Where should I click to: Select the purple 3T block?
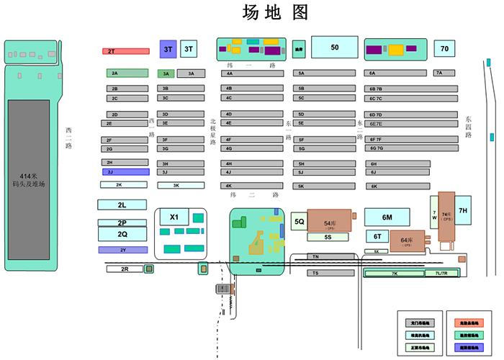[168, 49]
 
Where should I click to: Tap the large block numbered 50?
[334, 48]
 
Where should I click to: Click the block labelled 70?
[444, 49]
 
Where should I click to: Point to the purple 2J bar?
[125, 172]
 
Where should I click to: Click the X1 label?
[174, 217]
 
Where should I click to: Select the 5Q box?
[300, 222]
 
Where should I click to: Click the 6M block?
[387, 217]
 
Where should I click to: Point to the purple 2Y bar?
[122, 250]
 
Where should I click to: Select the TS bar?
[333, 273]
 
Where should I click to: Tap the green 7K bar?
[394, 274]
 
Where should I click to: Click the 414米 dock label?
[29, 181]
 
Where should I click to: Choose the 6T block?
[377, 236]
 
